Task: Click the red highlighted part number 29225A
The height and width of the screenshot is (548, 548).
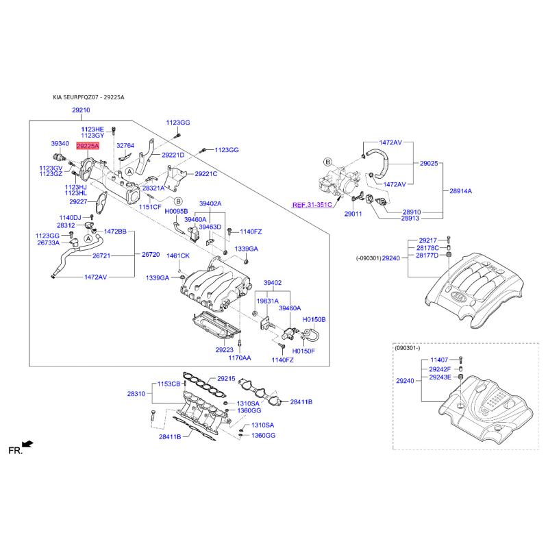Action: (88, 146)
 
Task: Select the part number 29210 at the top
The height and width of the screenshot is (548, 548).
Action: (81, 110)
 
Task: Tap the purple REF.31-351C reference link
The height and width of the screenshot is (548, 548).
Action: (312, 204)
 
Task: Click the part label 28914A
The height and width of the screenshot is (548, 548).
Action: (460, 191)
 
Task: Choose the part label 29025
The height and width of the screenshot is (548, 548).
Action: (429, 163)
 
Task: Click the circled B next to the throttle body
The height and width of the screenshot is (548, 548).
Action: (327, 162)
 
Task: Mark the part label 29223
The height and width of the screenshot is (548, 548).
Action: (225, 349)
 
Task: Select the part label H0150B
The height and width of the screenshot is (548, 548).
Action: (314, 319)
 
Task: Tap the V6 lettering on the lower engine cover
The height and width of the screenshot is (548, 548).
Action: (484, 410)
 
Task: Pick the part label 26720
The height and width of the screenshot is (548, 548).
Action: (151, 254)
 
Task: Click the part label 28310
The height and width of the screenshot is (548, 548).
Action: (136, 394)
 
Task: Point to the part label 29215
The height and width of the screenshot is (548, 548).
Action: (226, 379)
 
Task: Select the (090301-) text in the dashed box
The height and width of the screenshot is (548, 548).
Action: (407, 348)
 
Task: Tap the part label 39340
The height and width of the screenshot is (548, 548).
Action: (60, 143)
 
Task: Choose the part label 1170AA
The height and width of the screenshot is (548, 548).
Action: (239, 358)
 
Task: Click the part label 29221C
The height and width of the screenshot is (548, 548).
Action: (206, 174)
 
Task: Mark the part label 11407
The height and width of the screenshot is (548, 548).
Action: (439, 360)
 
